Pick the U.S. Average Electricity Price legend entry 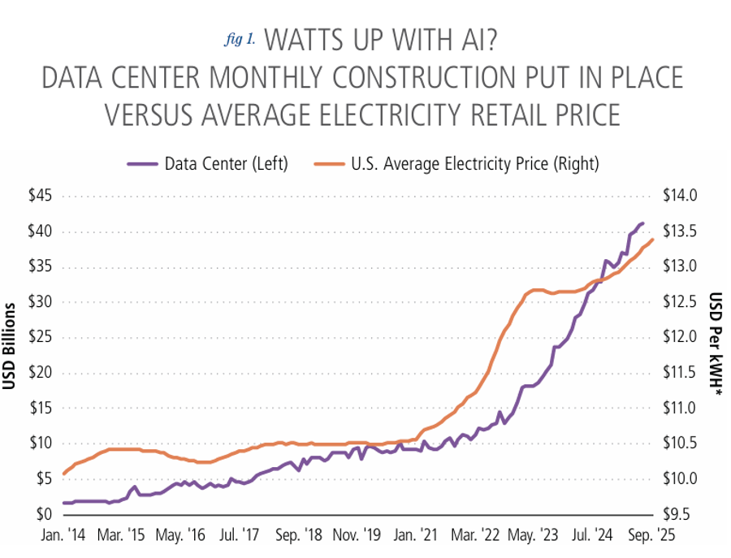click(x=474, y=164)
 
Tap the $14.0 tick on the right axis click(x=680, y=196)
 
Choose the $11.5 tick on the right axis click(x=680, y=373)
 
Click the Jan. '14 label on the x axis click(x=64, y=536)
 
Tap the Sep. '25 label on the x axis click(x=650, y=536)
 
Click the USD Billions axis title click(x=11, y=345)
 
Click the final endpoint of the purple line click(x=643, y=223)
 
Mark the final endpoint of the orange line click(x=653, y=239)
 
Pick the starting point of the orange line click(x=64, y=474)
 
